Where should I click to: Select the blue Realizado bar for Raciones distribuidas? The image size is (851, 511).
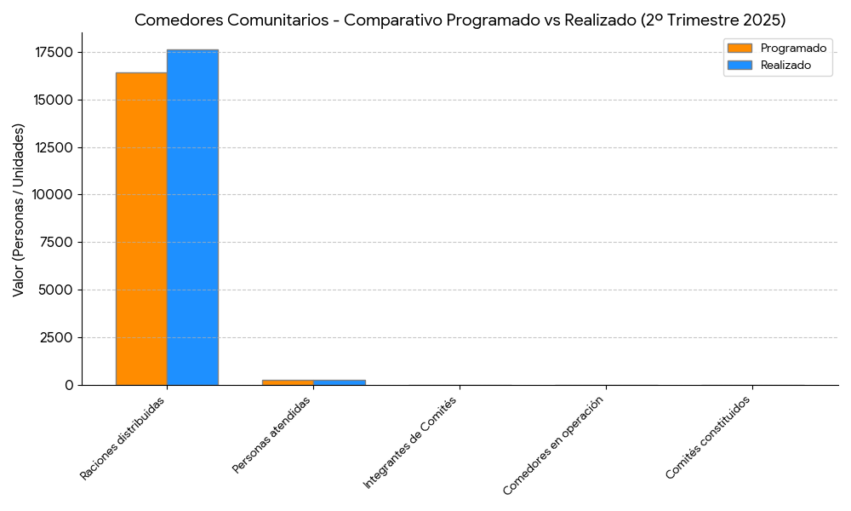[x=192, y=217]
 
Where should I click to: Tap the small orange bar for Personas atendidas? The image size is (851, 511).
[x=288, y=382]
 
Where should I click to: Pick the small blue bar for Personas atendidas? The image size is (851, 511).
[x=339, y=382]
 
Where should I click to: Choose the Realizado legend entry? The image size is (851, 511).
[x=785, y=65]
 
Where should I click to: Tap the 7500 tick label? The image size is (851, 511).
[x=56, y=243]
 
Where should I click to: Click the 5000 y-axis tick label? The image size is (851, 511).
[x=56, y=290]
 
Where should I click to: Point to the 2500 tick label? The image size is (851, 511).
[x=56, y=337]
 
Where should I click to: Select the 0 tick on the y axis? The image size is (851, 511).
[x=69, y=385]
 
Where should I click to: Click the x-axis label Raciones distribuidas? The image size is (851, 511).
[x=123, y=439]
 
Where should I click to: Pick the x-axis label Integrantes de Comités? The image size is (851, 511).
[x=410, y=443]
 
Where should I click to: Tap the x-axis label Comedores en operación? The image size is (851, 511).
[x=558, y=445]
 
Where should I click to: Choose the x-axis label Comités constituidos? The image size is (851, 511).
[x=708, y=438]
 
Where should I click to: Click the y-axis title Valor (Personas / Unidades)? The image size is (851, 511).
[x=19, y=210]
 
